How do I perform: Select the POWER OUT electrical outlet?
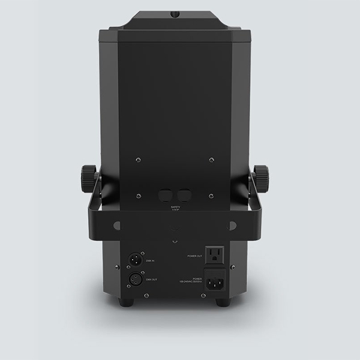(215, 255)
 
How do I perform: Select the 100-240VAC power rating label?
(191, 280)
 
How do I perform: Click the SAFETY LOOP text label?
(175, 209)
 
